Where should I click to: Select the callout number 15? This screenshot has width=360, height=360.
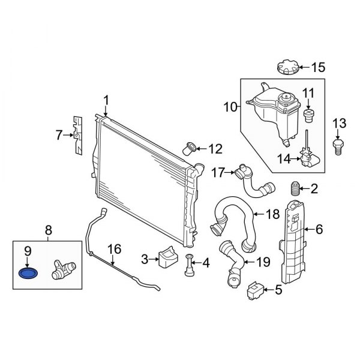tap(317, 67)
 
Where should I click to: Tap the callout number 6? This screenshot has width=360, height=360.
tap(319, 228)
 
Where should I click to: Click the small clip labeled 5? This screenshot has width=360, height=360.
tap(254, 292)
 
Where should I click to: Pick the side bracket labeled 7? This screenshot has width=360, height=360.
tap(77, 136)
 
